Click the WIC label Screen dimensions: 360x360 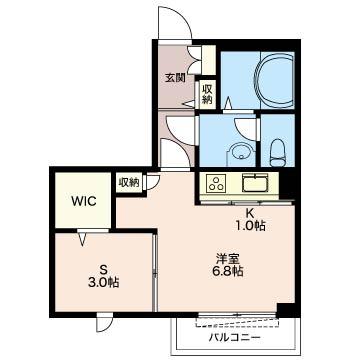(x=83, y=201)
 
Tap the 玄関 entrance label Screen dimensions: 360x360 (x=175, y=78)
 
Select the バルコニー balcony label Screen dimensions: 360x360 (x=234, y=338)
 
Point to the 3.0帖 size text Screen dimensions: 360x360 (x=105, y=283)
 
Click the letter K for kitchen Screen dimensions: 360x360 (x=248, y=213)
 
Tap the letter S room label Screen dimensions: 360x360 (x=105, y=269)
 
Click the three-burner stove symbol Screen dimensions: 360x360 (x=216, y=183)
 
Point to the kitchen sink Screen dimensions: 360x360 (x=255, y=183)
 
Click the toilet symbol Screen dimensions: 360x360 (x=277, y=152)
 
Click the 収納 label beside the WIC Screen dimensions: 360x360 (x=129, y=182)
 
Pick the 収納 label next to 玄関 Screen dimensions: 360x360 (x=207, y=95)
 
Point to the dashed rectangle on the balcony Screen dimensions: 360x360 (x=237, y=323)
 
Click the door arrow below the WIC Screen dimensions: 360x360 (x=83, y=240)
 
